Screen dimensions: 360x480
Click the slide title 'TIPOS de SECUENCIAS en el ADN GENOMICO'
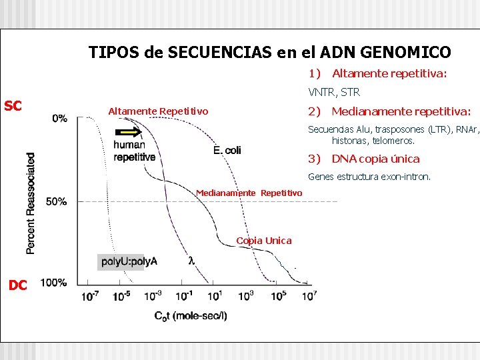coord(269,52)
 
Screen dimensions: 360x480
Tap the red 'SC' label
coord(13,105)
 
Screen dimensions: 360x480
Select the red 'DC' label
coord(17,285)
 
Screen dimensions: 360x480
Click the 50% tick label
coord(56,201)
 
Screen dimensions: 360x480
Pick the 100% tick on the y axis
coord(53,283)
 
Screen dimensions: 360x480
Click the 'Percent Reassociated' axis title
coord(31,203)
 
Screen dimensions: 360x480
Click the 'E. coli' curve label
coord(227,151)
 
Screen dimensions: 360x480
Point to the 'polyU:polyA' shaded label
coord(129,261)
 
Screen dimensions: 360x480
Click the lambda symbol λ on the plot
coord(192,261)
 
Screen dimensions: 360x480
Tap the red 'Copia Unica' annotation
coord(264,241)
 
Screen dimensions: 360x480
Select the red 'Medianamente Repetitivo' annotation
coord(249,193)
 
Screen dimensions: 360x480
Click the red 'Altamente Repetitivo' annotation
coord(158,111)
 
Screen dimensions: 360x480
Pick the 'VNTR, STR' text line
coord(333,92)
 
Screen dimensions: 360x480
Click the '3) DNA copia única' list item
coord(363,159)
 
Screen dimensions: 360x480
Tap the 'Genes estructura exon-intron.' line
coord(369,177)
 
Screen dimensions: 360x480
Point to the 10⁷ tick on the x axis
coord(309,296)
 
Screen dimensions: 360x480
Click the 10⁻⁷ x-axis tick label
coord(90,296)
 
